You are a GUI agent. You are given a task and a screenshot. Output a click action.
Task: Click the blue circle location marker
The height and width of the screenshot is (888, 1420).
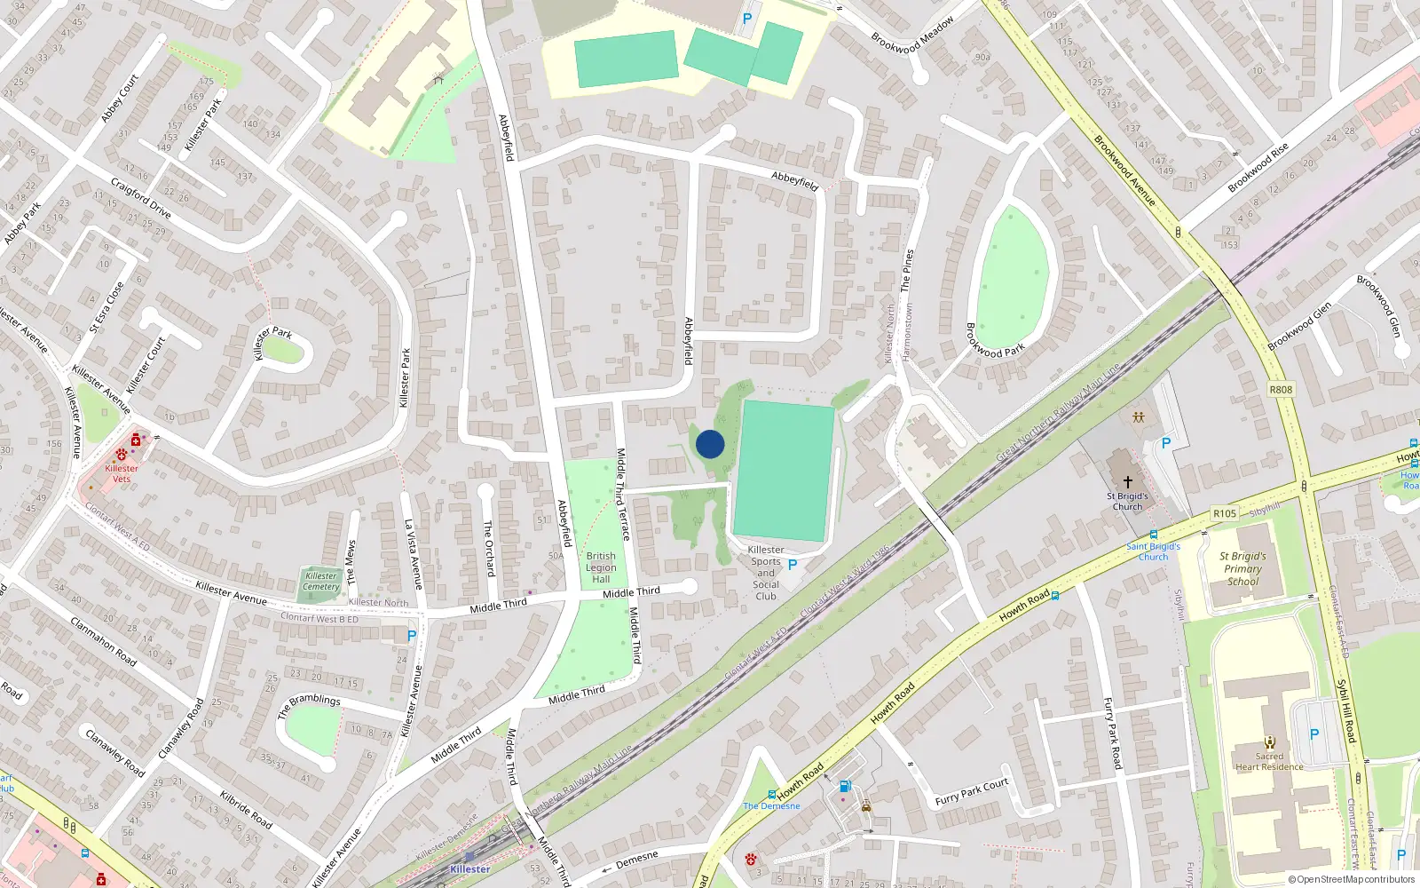click(710, 444)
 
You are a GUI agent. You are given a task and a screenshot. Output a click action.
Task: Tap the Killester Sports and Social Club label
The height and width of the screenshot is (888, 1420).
click(766, 573)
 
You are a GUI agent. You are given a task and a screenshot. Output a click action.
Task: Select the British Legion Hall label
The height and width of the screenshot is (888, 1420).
click(601, 567)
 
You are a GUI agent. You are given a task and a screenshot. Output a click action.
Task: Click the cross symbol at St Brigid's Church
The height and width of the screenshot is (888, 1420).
click(1128, 482)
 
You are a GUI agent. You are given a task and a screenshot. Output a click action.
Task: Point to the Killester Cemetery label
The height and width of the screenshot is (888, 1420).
click(321, 582)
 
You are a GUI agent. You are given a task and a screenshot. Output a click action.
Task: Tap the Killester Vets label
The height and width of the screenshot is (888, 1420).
click(122, 473)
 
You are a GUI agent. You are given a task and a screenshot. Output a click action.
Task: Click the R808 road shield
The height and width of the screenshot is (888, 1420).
click(1281, 390)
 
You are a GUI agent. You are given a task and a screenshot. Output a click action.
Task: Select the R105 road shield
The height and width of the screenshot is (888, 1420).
click(1225, 513)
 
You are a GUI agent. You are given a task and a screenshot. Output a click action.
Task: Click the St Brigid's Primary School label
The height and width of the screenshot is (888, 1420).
click(1242, 569)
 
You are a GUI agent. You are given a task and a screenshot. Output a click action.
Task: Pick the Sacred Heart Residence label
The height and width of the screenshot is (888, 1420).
click(1269, 762)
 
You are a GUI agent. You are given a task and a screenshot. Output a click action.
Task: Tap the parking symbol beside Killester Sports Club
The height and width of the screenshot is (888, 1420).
click(793, 565)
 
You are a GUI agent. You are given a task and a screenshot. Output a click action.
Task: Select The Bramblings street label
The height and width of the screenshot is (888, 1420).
click(309, 705)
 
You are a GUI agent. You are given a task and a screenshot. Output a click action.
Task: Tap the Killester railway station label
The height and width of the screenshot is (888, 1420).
click(469, 869)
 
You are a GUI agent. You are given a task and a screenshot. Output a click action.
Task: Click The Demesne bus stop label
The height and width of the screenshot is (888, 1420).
click(771, 806)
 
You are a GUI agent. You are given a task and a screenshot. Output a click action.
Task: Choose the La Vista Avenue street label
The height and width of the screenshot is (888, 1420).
click(413, 554)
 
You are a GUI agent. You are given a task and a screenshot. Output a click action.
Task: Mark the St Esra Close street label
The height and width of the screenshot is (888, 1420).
click(106, 307)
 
